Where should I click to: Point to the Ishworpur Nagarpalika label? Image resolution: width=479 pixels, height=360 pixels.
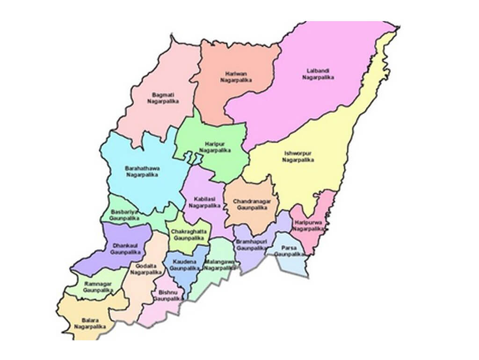point(298,156)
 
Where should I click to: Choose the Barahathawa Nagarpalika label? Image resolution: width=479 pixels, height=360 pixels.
point(142,171)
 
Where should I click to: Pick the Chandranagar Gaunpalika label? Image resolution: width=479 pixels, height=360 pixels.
point(251,204)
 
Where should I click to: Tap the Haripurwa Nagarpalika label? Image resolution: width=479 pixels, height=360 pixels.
point(308,226)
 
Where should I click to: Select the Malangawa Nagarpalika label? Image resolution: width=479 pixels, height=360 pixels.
point(218,265)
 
